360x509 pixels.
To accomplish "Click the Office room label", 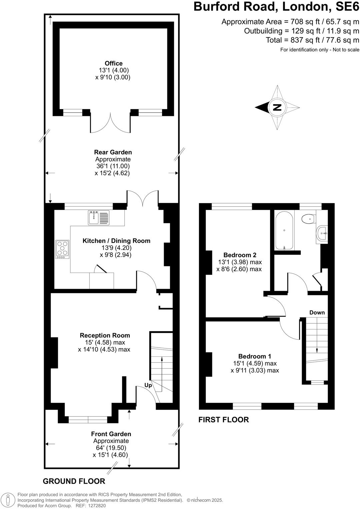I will pyautogui.click(x=113, y=63).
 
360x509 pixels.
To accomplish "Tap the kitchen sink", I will pyautogui.click(x=98, y=218).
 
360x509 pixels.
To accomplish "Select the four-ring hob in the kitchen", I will pyautogui.click(x=62, y=249).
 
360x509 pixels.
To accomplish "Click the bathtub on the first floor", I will pyautogui.click(x=284, y=230).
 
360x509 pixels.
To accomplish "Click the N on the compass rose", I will pyautogui.click(x=277, y=107).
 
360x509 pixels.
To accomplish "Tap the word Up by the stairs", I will pyautogui.click(x=148, y=385).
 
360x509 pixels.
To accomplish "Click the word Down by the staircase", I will pyautogui.click(x=317, y=312).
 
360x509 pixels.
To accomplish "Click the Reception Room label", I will pyautogui.click(x=105, y=335).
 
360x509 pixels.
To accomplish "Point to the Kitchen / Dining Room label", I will pyautogui.click(x=116, y=241).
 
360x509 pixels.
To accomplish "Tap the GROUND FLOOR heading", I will pyautogui.click(x=74, y=481).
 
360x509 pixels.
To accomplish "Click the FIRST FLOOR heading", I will pyautogui.click(x=223, y=419).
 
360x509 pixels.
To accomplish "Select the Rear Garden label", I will pyautogui.click(x=113, y=152).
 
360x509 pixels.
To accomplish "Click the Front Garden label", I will pyautogui.click(x=111, y=434).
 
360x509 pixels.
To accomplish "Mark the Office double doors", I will pyautogui.click(x=110, y=123).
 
